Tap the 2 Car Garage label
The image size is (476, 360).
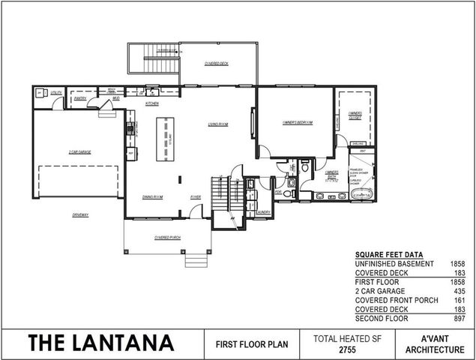[79, 152]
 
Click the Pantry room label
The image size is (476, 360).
[81, 98]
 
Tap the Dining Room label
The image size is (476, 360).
[153, 197]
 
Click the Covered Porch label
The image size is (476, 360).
[166, 238]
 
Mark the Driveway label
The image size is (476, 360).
[80, 215]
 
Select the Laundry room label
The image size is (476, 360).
[262, 212]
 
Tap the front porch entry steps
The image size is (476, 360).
[196, 259]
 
